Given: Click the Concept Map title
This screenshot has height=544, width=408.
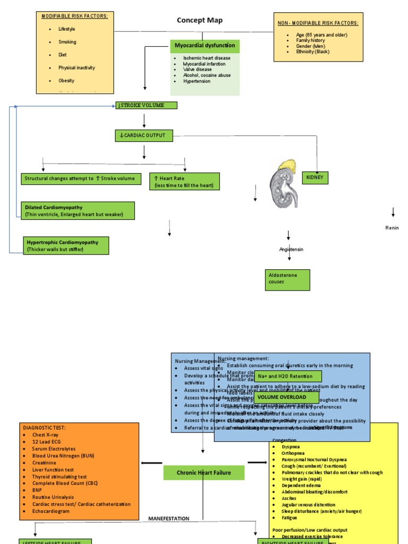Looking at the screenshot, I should point(200,21).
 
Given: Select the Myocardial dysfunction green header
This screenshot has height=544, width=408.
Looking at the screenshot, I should point(205,46).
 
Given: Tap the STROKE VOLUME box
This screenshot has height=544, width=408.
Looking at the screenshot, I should point(147,105).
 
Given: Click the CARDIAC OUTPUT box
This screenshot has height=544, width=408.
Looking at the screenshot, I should point(144,135).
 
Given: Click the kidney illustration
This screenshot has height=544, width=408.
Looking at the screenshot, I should point(284,183).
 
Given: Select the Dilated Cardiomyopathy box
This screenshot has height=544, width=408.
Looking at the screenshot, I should point(79,210).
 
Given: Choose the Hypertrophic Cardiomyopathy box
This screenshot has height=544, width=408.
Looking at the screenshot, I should point(66,245).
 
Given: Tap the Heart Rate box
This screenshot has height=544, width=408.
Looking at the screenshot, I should point(184,182).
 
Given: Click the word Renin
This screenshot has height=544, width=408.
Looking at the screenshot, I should point(392,228).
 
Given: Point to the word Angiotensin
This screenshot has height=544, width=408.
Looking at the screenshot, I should point(291,249).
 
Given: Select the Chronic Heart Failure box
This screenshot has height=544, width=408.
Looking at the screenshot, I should point(204,472).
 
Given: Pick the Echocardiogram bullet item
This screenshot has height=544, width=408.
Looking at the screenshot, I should point(52,511).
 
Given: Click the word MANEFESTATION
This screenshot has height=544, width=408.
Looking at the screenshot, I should point(168,518).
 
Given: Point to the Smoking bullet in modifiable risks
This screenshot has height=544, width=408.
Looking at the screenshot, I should point(67,42).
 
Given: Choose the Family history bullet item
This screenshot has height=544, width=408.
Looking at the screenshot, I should point(310,40).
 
